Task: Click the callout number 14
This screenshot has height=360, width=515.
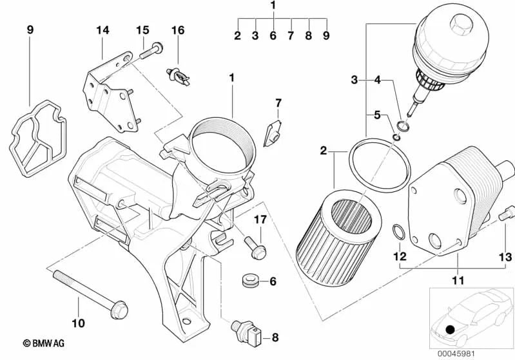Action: click(x=103, y=30)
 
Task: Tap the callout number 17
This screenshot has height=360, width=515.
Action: click(x=260, y=220)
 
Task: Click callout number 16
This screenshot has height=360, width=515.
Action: click(x=178, y=30)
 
